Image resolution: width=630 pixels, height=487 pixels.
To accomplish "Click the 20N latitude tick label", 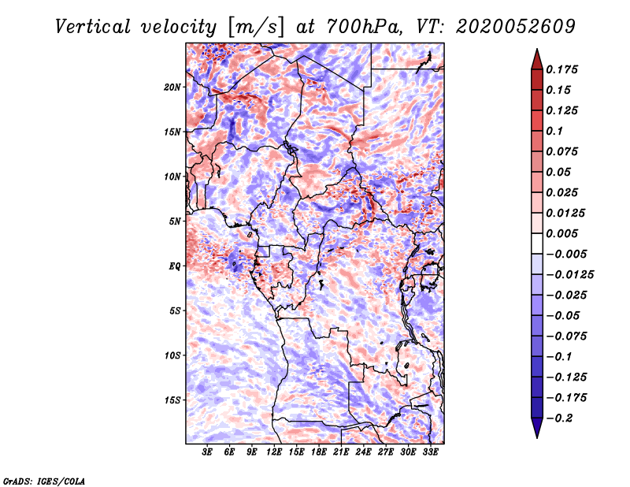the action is [172, 87].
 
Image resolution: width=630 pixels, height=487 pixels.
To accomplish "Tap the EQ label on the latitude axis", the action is [174, 266].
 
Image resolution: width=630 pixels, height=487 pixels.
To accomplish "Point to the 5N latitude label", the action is [174, 221].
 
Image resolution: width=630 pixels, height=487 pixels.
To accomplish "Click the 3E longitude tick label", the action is [206, 452].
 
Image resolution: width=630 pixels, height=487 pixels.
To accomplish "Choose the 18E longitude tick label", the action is [318, 452].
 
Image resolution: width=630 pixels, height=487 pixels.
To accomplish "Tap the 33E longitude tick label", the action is [430, 452].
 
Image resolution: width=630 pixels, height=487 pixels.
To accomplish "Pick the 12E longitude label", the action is [273, 452].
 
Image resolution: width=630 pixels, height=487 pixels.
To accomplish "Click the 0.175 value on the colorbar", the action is [561, 69].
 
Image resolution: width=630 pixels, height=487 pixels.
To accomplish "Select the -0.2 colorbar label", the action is [559, 418].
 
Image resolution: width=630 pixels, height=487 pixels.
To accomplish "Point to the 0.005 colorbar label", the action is [561, 233].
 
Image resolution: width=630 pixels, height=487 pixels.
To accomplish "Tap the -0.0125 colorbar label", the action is [569, 275].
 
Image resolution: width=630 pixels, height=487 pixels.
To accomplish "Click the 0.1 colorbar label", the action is [554, 131].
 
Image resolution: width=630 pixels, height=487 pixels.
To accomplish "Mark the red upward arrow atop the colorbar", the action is [537, 59].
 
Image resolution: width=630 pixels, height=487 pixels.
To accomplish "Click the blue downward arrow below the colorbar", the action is [537, 427].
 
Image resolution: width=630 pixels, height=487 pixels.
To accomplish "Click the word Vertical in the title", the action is [93, 27].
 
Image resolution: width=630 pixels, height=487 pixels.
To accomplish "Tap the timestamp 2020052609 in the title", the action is [516, 27].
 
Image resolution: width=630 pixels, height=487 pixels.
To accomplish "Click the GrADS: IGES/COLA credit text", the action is [44, 481].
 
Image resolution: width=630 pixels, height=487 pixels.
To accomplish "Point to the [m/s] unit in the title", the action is [255, 27].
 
